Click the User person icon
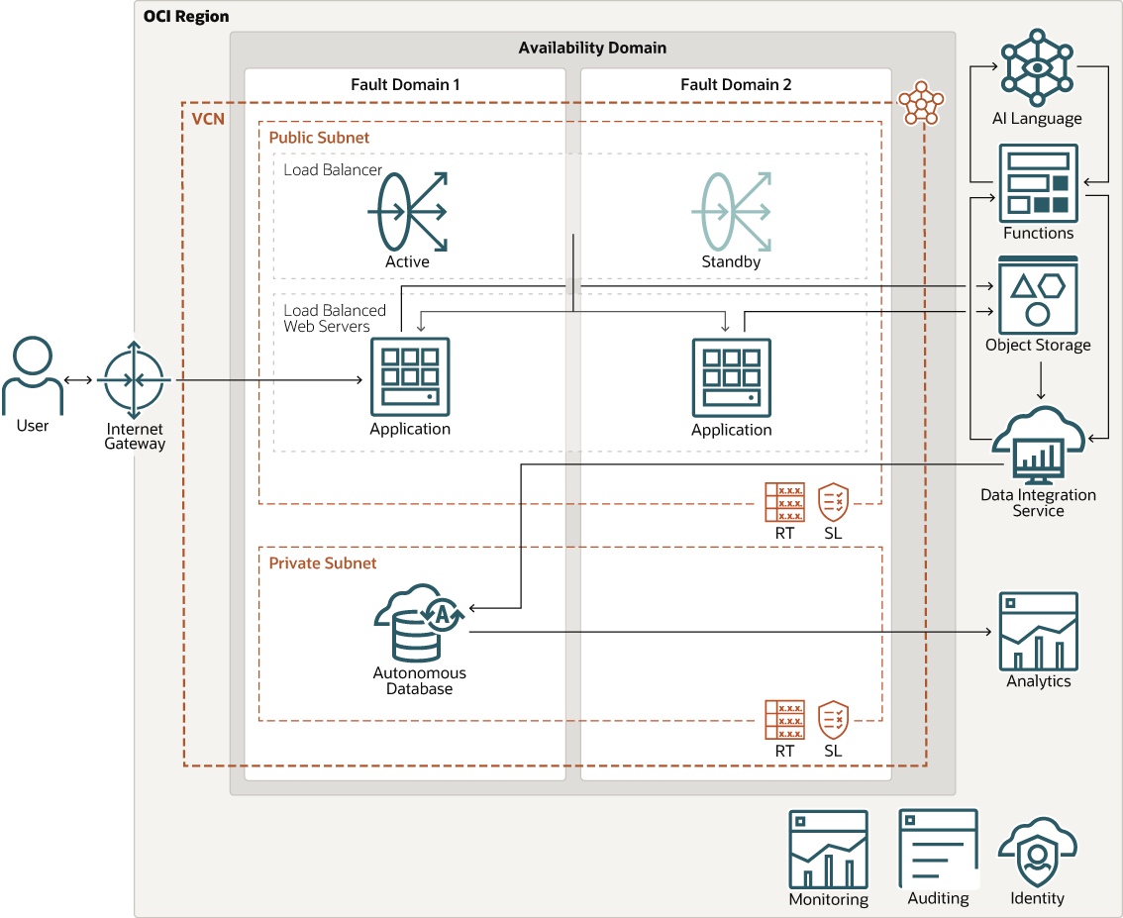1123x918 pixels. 33,376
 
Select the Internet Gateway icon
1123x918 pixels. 136,380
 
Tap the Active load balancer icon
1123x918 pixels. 407,211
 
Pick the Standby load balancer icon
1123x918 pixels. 731,211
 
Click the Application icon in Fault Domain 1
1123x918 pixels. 410,377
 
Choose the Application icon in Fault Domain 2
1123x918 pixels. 731,377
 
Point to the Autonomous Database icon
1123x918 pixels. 419,623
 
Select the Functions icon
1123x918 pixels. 1038,183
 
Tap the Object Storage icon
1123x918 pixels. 1037,296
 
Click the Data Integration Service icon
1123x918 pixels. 1037,445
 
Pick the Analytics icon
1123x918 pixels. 1038,632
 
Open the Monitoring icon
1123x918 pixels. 828,850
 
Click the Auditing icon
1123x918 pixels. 938,849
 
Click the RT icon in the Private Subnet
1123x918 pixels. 784,720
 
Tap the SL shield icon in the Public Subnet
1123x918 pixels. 833,502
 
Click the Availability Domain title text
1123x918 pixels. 592,48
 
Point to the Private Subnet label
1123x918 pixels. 323,562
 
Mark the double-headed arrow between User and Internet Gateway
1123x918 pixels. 78,380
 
